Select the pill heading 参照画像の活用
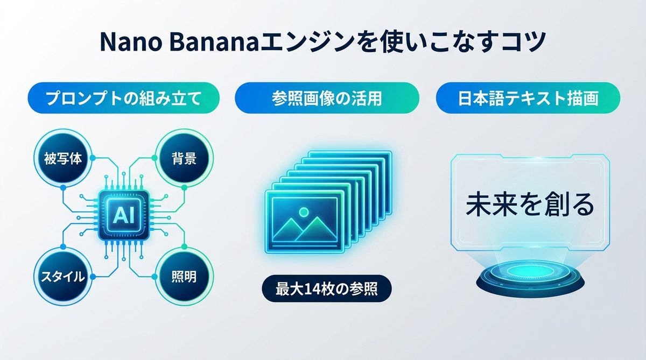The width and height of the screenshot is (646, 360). (x=327, y=98)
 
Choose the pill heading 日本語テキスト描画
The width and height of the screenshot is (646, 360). (x=528, y=98)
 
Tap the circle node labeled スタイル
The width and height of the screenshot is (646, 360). (x=62, y=277)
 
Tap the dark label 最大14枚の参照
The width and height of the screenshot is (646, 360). (x=326, y=290)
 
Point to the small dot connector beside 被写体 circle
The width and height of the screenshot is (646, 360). (x=93, y=158)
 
